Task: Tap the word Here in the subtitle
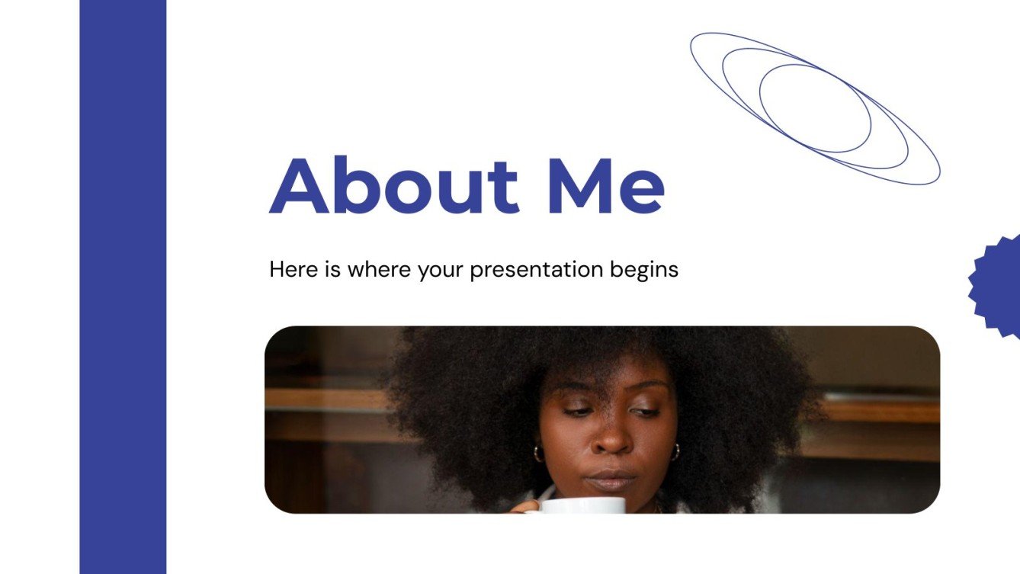[x=291, y=269]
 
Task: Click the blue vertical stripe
[x=123, y=287]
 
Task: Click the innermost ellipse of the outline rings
[x=815, y=107]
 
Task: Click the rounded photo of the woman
[x=602, y=419]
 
